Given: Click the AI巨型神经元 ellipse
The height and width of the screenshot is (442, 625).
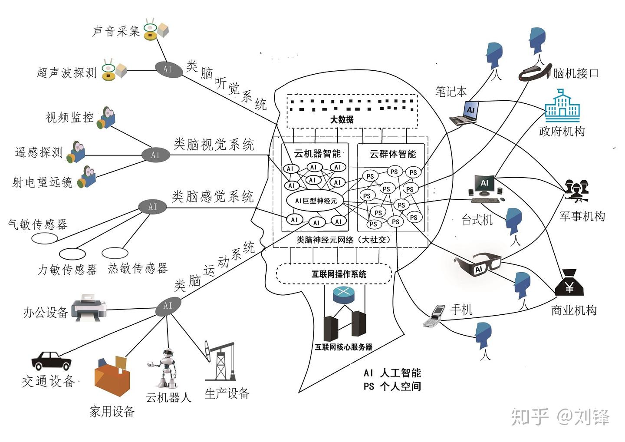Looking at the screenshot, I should point(316,201).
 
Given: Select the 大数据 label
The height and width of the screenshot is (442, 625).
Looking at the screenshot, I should point(342,119).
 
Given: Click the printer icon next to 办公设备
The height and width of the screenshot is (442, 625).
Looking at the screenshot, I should point(89,308).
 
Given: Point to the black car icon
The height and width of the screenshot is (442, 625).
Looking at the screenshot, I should point(51,360).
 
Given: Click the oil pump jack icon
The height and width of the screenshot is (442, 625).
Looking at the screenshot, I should point(221,360).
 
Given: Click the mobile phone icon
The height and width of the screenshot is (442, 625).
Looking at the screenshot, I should point(435,315).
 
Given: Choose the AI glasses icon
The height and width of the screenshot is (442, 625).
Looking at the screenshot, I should point(477,264).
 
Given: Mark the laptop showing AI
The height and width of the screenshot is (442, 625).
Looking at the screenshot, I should point(465,114).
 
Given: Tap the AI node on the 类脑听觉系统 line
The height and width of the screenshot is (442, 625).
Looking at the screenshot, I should point(168,69).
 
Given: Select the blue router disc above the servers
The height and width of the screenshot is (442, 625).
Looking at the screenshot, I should point(343,293).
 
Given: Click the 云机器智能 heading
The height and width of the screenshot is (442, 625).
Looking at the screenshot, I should point(317,153).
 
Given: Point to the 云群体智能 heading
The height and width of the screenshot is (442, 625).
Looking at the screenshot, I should point(392,154).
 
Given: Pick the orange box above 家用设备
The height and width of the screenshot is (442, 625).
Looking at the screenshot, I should point(112,377).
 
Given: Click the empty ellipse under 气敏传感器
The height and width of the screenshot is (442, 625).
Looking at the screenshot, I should point(44,238).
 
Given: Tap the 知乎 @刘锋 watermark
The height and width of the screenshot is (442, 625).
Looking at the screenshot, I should point(560,417).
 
